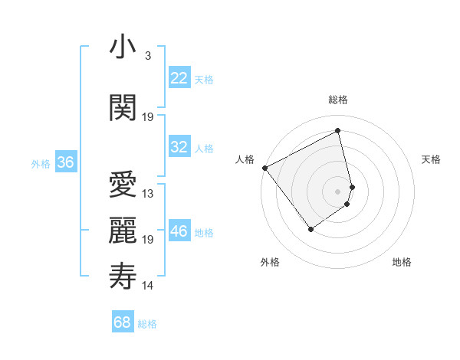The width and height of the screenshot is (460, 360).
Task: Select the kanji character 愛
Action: pos(122,185)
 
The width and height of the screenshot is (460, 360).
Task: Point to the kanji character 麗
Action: pos(122,231)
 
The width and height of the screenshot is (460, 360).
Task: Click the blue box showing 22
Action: pos(179,78)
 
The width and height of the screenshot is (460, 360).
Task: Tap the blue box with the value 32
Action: pos(179,147)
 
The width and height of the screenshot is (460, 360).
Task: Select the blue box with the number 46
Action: pos(179,231)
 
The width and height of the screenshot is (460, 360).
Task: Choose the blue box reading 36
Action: pos(65,162)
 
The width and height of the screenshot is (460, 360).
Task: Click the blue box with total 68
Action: pos(123,322)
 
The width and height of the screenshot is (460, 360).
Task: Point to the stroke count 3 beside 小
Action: pos(147,56)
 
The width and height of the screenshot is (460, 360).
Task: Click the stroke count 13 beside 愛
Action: pos(148,194)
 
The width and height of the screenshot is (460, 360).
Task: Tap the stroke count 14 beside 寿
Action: pos(148,286)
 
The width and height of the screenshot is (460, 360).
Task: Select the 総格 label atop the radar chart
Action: pos(338,100)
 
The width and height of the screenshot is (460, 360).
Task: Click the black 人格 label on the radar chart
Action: pos(245,159)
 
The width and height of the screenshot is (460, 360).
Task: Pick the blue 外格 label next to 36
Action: pos(41,163)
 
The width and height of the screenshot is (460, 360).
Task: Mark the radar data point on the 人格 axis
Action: pos(264,167)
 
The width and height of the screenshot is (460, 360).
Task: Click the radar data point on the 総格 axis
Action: pos(338,130)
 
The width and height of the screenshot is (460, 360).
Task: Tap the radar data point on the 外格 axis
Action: pos(310,228)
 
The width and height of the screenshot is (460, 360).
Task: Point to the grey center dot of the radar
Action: pos(338,191)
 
